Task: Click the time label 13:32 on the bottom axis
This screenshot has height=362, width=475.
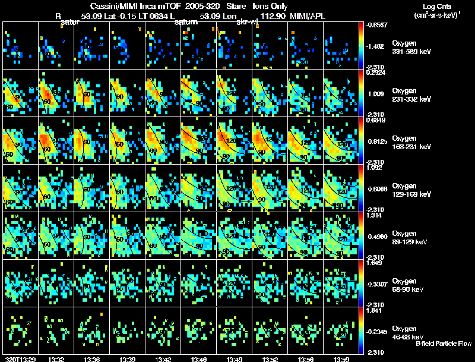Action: pyautogui.click(x=56, y=359)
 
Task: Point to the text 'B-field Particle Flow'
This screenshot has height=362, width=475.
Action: pyautogui.click(x=444, y=344)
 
